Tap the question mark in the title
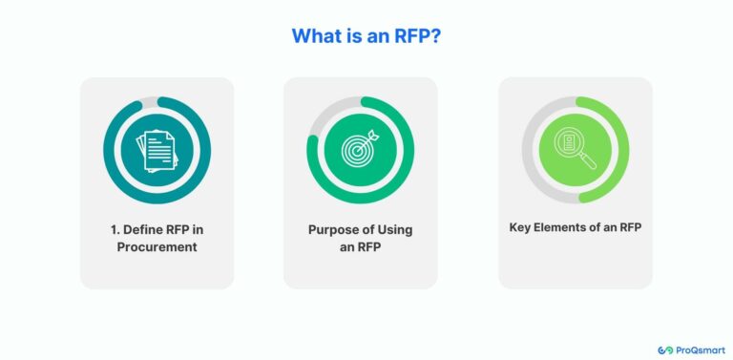(437, 36)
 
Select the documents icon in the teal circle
(157, 151)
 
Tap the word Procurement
(157, 247)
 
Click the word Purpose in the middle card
(335, 229)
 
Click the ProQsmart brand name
(700, 350)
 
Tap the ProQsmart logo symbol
(665, 350)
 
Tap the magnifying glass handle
(587, 161)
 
